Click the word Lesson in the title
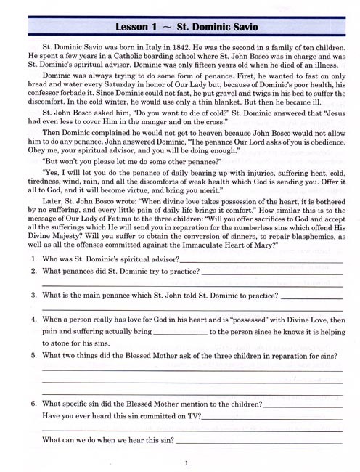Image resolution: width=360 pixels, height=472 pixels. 136,28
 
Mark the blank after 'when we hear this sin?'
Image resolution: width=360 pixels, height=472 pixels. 259,441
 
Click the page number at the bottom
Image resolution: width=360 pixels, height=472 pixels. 187,463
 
